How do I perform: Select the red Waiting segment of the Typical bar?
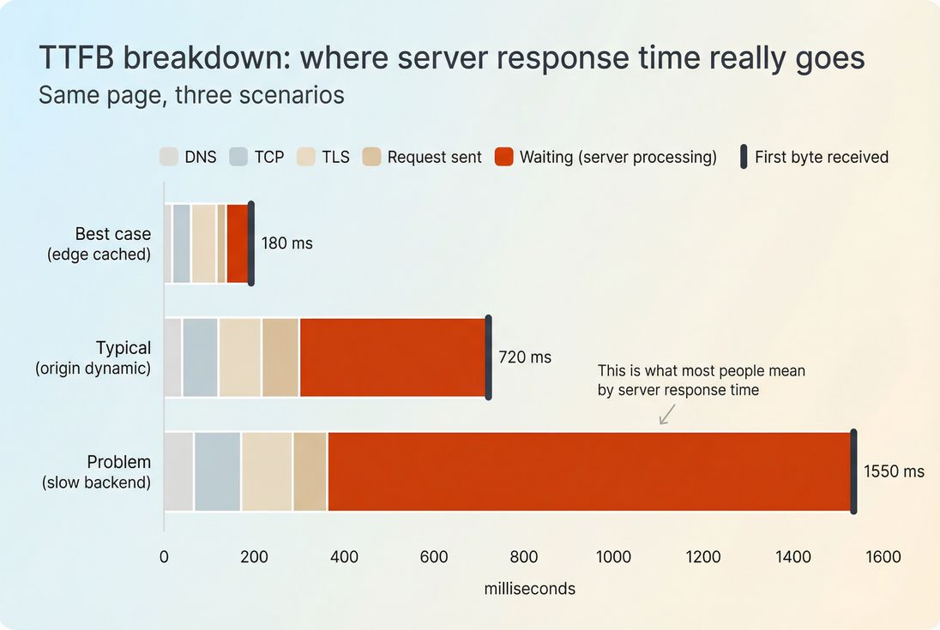pyautogui.click(x=393, y=357)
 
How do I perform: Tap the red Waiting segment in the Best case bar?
pyautogui.click(x=237, y=243)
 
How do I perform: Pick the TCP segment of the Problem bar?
pyautogui.click(x=217, y=471)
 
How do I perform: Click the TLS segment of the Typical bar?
pyautogui.click(x=239, y=357)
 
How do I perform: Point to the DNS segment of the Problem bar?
pyautogui.click(x=178, y=471)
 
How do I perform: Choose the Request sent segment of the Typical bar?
pyautogui.click(x=280, y=357)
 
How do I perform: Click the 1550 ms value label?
pyautogui.click(x=894, y=471)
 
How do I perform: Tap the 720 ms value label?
pyautogui.click(x=525, y=357)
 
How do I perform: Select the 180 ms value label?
pyautogui.click(x=286, y=243)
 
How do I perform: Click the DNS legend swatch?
pyautogui.click(x=169, y=157)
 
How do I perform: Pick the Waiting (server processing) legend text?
pyautogui.click(x=618, y=157)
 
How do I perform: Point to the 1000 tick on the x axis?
pyautogui.click(x=613, y=557)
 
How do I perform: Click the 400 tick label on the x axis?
pyautogui.click(x=344, y=557)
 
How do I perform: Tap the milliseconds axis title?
pyautogui.click(x=529, y=589)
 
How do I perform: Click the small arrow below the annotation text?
pyautogui.click(x=667, y=415)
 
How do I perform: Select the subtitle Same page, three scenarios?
pyautogui.click(x=191, y=94)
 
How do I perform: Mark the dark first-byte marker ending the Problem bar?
pyautogui.click(x=853, y=471)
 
